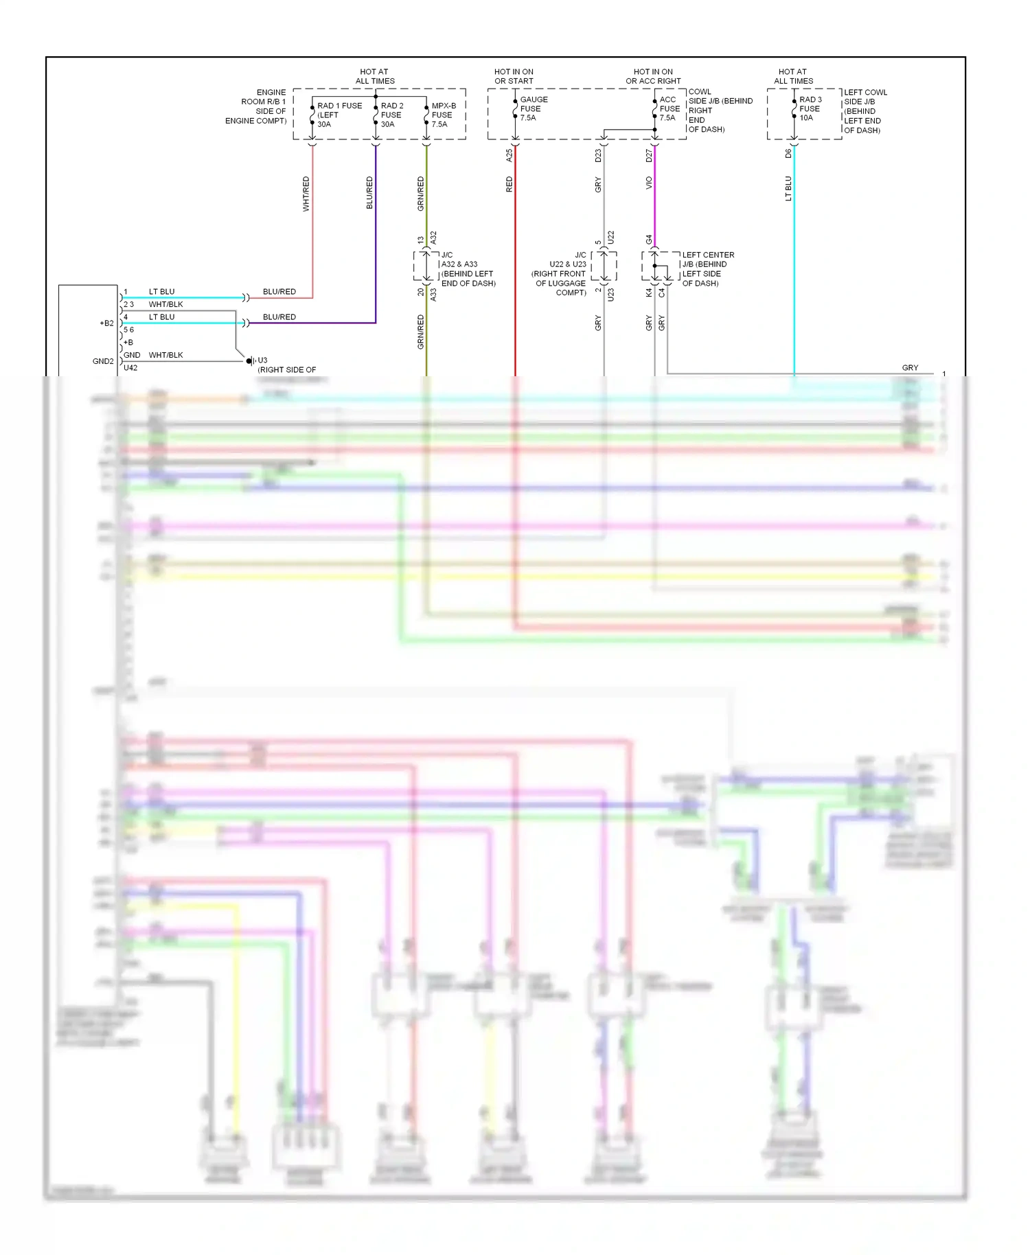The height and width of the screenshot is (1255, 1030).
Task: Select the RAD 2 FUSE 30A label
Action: pos(392,115)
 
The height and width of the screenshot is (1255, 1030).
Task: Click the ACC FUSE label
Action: pos(669,108)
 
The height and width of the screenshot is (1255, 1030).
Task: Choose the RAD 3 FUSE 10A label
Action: pos(810,108)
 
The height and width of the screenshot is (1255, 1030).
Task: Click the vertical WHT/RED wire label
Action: pos(306,194)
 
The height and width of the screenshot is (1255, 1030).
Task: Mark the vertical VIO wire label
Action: pos(649,183)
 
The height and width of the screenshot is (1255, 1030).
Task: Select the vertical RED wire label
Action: pos(510,184)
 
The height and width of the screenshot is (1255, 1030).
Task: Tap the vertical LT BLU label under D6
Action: pos(788,188)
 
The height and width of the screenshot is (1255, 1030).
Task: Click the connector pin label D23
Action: pos(598,156)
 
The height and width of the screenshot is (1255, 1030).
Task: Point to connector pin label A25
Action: pos(510,155)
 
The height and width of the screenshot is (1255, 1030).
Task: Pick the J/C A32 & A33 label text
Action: pos(467,269)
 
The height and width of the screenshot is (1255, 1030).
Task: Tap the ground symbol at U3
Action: pos(250,360)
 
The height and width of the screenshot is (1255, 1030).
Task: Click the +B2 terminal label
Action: pos(106,323)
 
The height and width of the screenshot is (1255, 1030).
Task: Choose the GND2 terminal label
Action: pos(103,361)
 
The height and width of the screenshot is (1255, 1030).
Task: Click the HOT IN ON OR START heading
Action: pos(514,76)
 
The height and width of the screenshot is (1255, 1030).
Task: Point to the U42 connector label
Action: pos(130,368)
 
